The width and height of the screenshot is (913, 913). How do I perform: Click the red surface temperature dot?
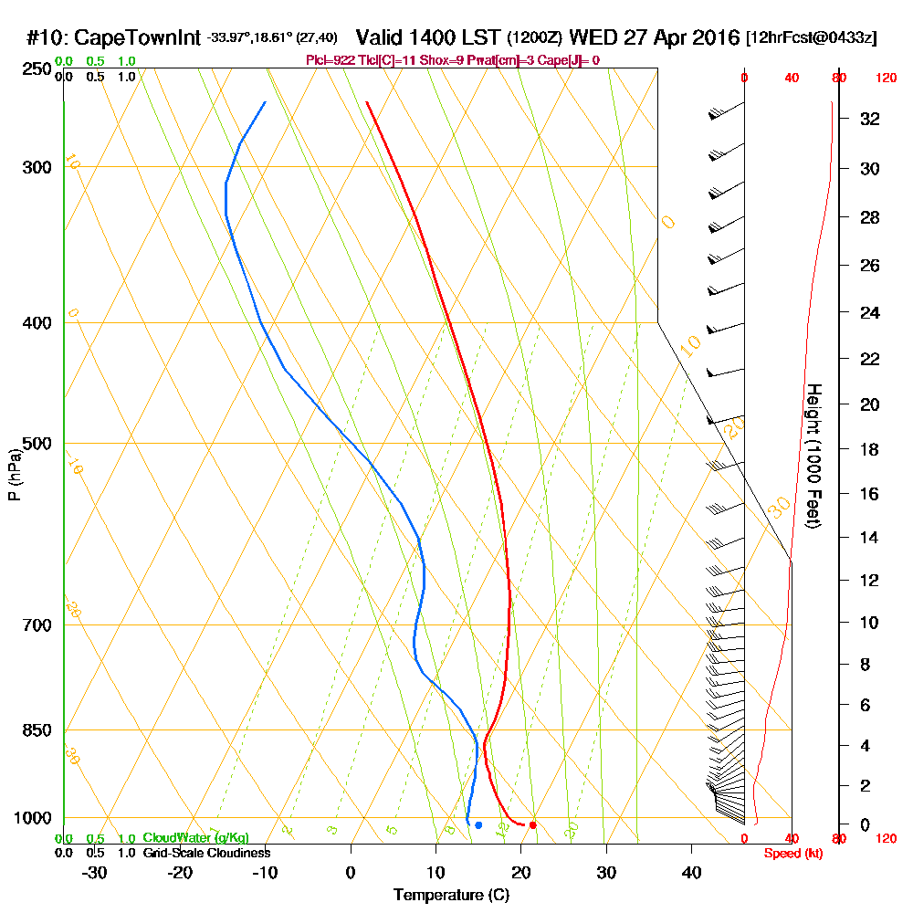(532, 825)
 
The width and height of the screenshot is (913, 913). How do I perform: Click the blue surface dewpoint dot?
(478, 825)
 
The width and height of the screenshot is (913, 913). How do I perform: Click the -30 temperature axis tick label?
(95, 872)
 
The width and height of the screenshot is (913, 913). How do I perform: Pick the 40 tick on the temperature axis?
(691, 872)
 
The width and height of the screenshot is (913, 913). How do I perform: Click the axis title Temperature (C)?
(451, 896)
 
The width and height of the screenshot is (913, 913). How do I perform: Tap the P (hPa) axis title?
(14, 475)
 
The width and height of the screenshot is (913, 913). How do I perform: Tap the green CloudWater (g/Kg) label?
(195, 838)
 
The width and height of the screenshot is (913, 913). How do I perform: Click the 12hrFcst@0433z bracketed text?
(812, 38)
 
